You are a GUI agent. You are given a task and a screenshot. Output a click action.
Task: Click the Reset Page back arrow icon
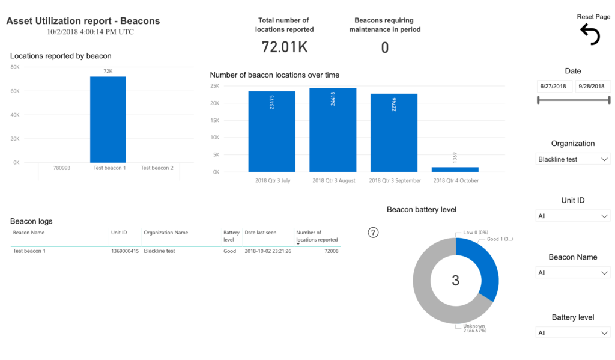[x=590, y=35]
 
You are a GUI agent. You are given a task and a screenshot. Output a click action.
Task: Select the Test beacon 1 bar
[x=108, y=120]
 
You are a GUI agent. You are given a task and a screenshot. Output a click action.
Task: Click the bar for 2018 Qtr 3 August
[x=333, y=130]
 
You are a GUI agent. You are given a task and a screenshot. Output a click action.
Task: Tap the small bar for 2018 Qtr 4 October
[x=455, y=169]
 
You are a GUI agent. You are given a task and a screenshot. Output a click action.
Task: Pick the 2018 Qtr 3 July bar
[x=271, y=132]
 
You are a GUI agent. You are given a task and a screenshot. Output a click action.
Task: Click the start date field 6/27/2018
[x=554, y=87]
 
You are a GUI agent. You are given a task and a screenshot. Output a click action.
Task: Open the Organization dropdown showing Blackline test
[x=572, y=159]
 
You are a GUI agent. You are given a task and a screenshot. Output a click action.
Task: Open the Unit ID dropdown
[x=572, y=216]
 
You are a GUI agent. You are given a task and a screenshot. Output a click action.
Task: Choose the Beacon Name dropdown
[x=572, y=273]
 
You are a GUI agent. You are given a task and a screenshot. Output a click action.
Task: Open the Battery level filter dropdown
[x=572, y=333]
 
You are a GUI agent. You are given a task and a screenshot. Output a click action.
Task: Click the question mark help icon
[x=373, y=233]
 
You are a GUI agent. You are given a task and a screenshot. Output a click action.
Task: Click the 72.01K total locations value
[x=285, y=47]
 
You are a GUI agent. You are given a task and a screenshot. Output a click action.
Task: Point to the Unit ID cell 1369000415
[x=125, y=251]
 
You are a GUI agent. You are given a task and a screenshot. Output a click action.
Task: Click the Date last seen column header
[x=259, y=233]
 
